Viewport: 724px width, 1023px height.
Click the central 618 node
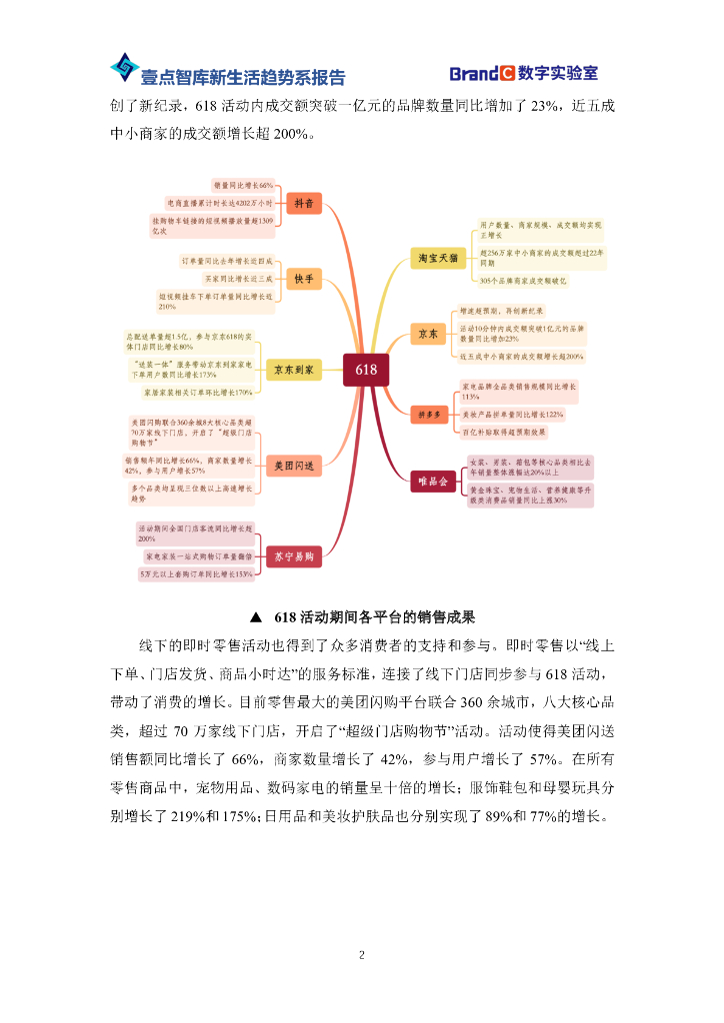tap(366, 370)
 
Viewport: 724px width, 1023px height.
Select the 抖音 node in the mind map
tap(302, 204)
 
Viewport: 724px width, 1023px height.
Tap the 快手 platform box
tap(302, 277)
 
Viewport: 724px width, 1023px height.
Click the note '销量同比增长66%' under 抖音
tap(244, 186)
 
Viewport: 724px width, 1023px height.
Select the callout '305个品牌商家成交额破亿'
tap(522, 281)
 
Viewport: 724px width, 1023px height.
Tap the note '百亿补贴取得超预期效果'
tap(503, 432)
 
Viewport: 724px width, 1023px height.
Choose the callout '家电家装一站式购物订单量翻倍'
tap(198, 554)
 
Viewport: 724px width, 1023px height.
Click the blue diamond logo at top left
tap(124, 68)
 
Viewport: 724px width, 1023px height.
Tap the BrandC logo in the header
tap(481, 74)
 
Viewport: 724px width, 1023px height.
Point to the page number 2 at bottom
tap(362, 955)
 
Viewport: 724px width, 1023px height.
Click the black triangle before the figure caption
tap(256, 616)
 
